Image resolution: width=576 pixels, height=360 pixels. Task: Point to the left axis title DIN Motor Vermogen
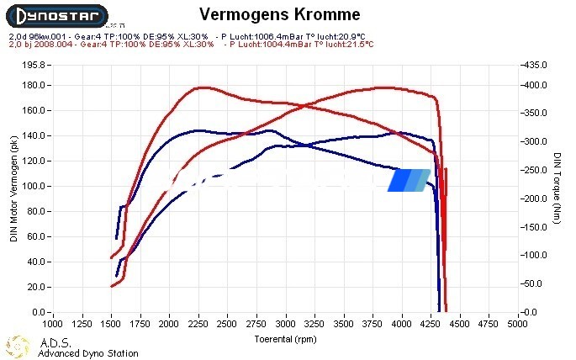[14, 188]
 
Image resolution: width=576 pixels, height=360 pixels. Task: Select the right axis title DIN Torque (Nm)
[557, 188]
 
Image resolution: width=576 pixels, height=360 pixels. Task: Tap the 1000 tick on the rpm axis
[52, 323]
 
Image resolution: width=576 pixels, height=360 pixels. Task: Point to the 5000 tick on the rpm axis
[515, 323]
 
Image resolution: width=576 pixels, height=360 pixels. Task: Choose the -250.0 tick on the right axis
[535, 171]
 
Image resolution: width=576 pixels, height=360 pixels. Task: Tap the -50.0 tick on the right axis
[535, 284]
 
